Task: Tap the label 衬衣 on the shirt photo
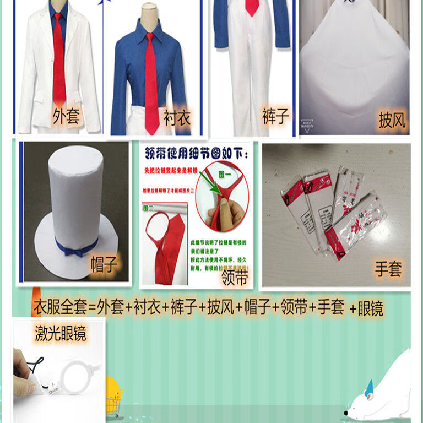click(x=176, y=117)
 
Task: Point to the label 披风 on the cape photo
click(x=392, y=120)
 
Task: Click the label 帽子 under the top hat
click(x=104, y=265)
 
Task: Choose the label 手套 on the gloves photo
click(x=388, y=269)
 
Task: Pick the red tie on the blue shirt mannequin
click(x=151, y=83)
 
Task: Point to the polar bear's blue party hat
click(x=368, y=386)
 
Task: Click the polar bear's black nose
click(x=345, y=413)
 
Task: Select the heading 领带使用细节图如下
click(x=195, y=151)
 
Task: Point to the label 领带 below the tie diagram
click(x=235, y=277)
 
